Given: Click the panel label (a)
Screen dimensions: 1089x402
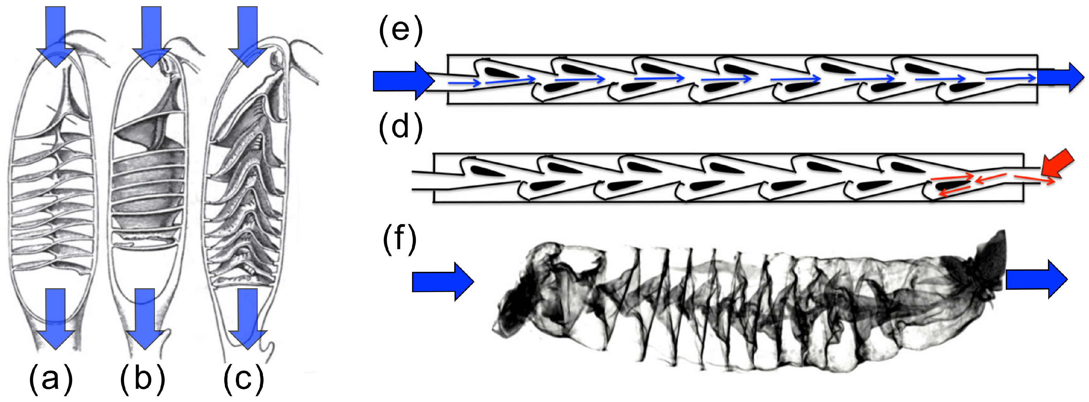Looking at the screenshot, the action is coord(51,378).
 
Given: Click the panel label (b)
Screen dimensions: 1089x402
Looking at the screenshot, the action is coord(143,378).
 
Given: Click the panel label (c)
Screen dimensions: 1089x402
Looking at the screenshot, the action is coord(244,378).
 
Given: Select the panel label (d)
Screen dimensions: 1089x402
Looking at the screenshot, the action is coord(400,127).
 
